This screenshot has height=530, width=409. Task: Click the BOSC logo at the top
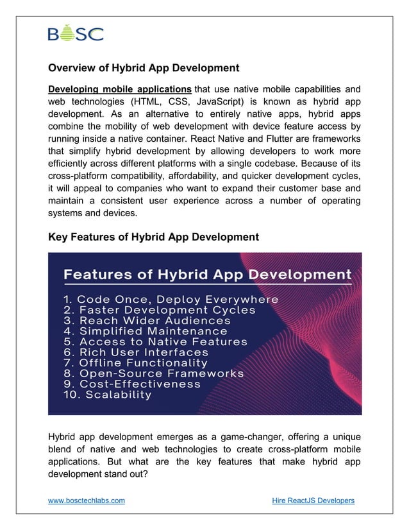coord(75,33)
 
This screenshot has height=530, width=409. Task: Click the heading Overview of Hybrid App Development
coord(144,67)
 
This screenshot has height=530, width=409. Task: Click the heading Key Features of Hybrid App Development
coord(153,237)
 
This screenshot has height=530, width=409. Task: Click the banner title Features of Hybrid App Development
coord(206,275)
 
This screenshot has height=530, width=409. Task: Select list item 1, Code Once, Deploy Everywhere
coord(171,300)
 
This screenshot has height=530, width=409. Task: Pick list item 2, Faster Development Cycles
coord(159,310)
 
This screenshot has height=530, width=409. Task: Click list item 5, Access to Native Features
coord(155,342)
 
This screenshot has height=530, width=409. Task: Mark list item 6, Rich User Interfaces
coord(136,352)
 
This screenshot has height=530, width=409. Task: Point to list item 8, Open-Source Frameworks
coord(153,373)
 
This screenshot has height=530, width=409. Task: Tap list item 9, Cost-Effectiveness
coord(131,384)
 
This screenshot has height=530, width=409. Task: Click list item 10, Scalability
coord(108,395)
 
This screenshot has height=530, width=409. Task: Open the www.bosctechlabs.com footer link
coord(87,500)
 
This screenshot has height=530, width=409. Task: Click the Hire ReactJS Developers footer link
coord(313,500)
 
